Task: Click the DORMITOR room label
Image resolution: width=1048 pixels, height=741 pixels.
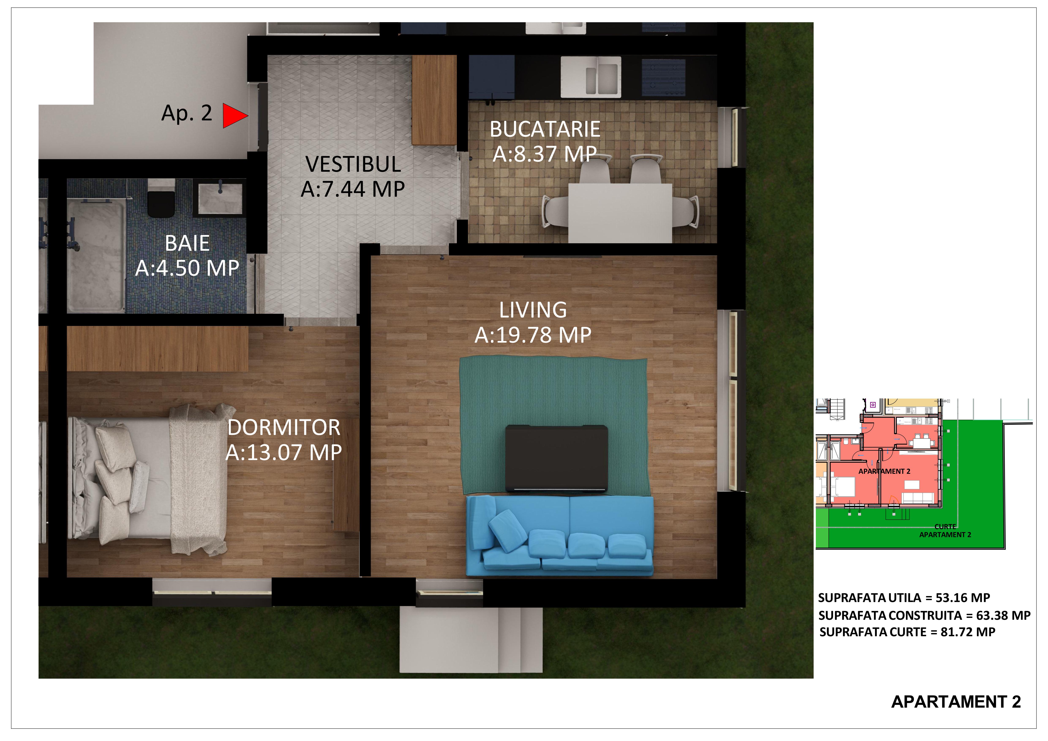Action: [x=284, y=428]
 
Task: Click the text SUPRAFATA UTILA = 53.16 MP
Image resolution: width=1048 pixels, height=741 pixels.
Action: [x=904, y=598]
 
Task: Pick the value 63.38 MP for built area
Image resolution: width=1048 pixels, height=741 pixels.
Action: [x=1003, y=616]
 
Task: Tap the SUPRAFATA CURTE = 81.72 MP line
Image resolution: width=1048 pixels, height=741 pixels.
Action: [x=908, y=632]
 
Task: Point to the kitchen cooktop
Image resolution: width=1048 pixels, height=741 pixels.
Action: [x=664, y=77]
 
